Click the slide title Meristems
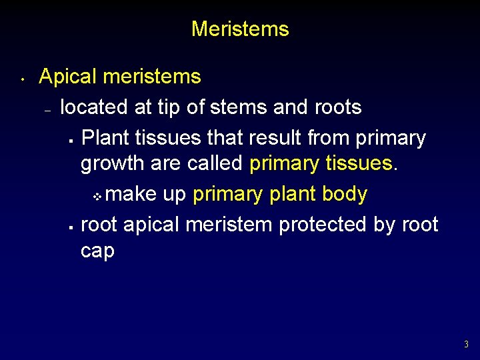pos(240,29)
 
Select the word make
pos(131,194)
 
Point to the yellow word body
pos(344,194)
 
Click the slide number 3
pos(466,345)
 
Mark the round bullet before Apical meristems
pos(23,79)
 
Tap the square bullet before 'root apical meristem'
pos(70,227)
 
